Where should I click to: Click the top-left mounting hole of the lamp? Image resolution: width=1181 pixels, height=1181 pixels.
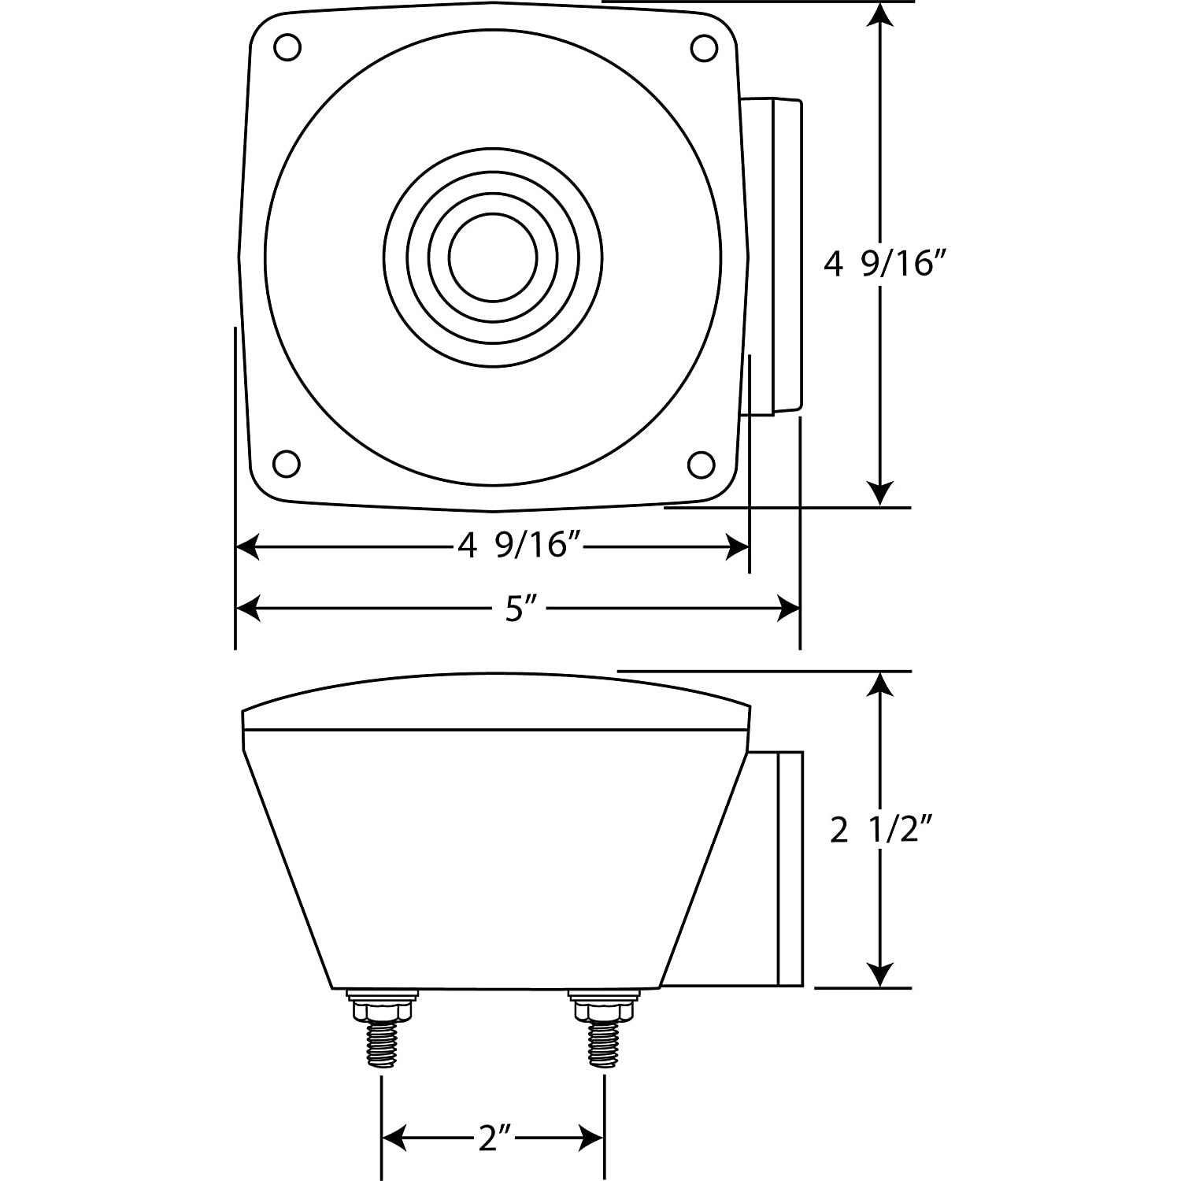287,47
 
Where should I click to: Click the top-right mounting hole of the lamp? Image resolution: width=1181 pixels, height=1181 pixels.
703,48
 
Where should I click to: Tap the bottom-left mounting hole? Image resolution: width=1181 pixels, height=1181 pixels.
287,463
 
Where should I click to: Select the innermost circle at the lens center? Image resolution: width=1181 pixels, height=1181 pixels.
493,256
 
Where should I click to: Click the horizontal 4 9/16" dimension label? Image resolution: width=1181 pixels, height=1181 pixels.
513,546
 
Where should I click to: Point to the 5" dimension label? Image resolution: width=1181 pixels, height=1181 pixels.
516,609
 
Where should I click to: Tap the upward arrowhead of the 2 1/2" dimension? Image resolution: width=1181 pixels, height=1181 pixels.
881,685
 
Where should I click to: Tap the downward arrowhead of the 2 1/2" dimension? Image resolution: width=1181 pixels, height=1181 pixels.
881,974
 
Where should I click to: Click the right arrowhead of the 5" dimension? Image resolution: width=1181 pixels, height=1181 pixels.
789,608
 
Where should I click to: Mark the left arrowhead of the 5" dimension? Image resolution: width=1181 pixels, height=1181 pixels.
248,608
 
